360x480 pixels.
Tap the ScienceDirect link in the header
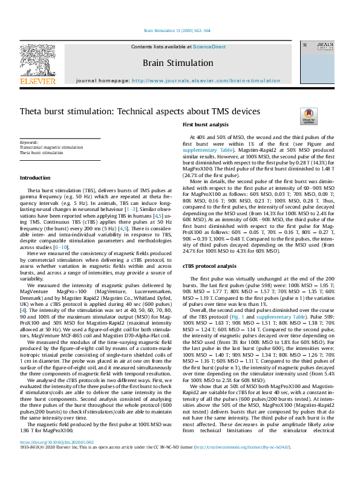click(x=209, y=47)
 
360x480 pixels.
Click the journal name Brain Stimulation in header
click(x=177, y=62)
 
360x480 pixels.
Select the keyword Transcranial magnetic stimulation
click(x=51, y=148)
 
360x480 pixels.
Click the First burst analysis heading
click(x=205, y=125)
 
